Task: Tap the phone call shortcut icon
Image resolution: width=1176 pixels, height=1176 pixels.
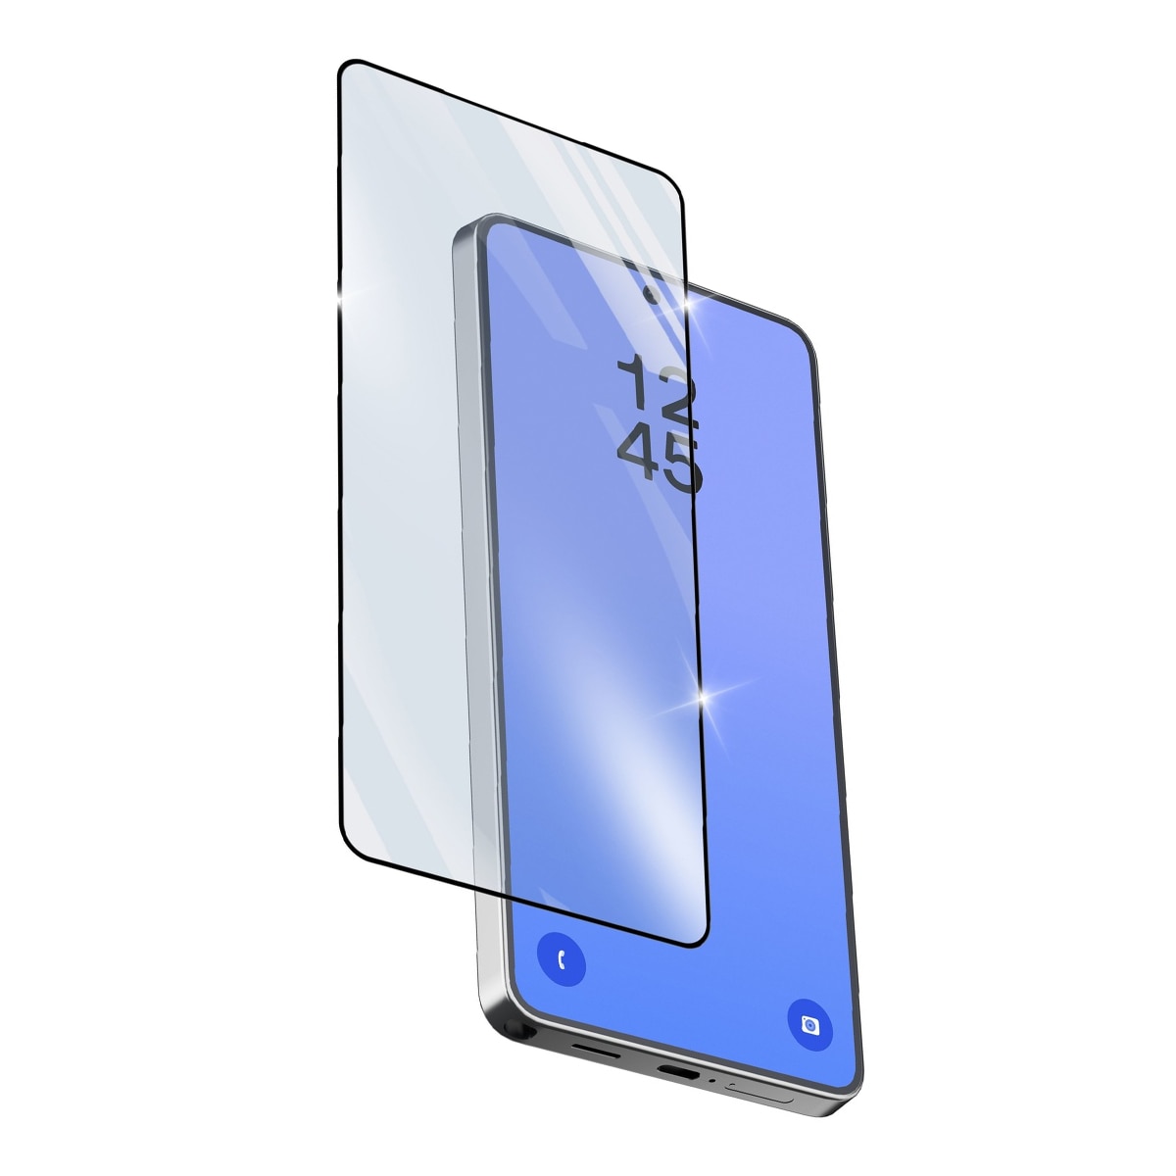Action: [x=562, y=959]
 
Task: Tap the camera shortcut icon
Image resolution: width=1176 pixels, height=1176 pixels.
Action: [x=810, y=1025]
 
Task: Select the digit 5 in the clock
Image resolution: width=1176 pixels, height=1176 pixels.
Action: [x=682, y=466]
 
